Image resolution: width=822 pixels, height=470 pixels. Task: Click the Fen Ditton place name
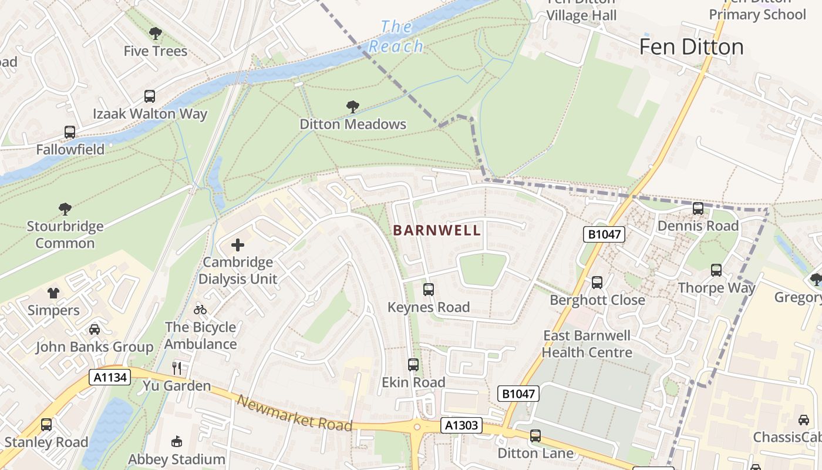[x=691, y=47]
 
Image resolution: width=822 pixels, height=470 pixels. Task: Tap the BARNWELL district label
[x=437, y=230]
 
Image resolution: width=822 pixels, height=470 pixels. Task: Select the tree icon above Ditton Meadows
[x=353, y=107]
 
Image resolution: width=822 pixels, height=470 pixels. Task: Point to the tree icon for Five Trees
[x=156, y=33]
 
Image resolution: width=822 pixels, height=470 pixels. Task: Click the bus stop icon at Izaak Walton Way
[x=150, y=96]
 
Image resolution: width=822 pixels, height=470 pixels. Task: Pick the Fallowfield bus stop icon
[x=70, y=132]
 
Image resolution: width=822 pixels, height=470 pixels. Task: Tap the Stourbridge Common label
[x=65, y=234]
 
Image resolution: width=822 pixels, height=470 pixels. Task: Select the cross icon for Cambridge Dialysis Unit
[x=238, y=244]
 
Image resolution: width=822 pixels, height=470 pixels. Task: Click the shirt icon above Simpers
[x=53, y=293]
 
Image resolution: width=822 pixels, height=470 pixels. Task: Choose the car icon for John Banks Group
[x=95, y=330]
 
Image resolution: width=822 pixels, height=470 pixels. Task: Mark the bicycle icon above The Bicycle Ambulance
[x=200, y=310]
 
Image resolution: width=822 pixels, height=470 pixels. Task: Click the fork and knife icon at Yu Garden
[x=177, y=368]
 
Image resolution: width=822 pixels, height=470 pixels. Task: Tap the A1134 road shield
[x=110, y=377]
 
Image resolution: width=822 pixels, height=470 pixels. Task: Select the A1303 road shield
[x=461, y=425]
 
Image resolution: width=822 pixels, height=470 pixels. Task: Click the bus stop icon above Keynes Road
[x=429, y=289]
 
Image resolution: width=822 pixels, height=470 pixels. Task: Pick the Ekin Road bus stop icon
[x=413, y=365]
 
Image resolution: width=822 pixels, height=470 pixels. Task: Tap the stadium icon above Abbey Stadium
[x=176, y=441]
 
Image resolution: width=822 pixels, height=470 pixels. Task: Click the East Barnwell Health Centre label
[x=587, y=344]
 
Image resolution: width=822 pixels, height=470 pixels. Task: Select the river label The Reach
[x=396, y=36]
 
